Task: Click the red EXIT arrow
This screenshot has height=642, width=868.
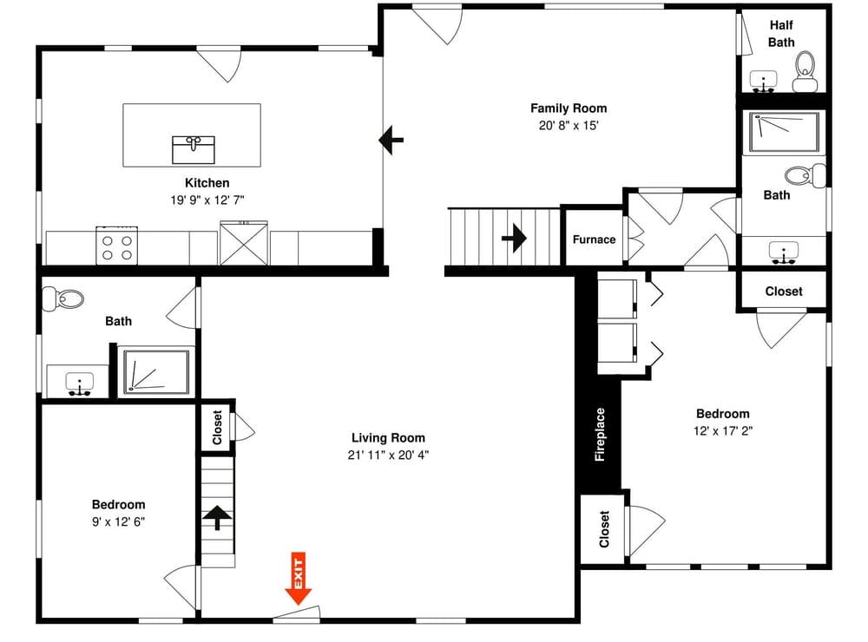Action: (299, 580)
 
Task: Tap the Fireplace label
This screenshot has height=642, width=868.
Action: (599, 434)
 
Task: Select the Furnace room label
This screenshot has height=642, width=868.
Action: (594, 239)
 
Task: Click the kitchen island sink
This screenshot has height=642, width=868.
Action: (193, 148)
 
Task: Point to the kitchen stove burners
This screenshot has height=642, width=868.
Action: (117, 244)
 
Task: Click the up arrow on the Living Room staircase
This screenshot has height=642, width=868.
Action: (217, 518)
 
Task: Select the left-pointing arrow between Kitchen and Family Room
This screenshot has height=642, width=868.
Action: (391, 139)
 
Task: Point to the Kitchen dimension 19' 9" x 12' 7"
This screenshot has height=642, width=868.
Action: (207, 200)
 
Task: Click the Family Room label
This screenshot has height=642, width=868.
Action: (569, 108)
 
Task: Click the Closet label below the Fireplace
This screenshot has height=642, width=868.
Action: (604, 529)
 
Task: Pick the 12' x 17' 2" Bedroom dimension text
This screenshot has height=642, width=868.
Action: (722, 430)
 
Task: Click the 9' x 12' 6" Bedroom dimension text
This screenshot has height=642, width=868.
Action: (118, 521)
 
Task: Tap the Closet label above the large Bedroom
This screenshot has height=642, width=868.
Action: (783, 292)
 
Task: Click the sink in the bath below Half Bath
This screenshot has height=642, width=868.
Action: (784, 253)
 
